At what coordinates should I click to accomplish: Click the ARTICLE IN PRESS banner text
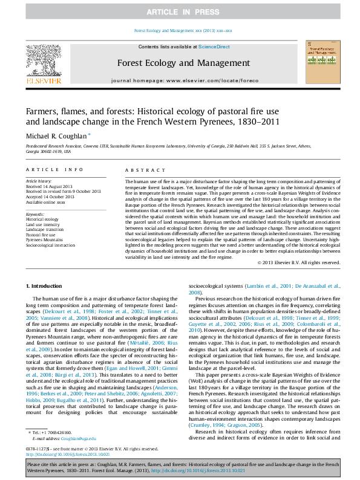pos(179,12)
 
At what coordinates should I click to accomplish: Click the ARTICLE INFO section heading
pos(54,171)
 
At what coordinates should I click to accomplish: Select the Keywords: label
pos(36,215)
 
